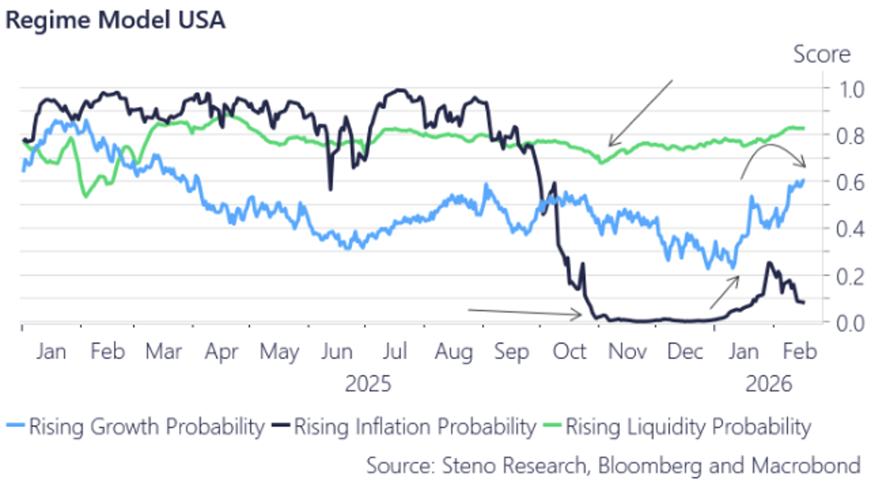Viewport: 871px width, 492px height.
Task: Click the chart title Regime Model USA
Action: point(115,20)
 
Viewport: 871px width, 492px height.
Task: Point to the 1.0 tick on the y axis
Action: point(850,90)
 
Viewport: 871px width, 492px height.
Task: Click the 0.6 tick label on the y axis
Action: point(850,183)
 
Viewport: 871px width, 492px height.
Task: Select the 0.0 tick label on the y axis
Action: point(850,323)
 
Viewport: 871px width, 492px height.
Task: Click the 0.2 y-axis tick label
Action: point(850,277)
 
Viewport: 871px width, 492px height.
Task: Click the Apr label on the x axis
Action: point(221,352)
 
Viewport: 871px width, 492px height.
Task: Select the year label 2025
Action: point(368,384)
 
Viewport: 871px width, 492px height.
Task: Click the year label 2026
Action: point(768,384)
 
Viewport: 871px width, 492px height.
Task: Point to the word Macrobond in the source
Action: point(806,466)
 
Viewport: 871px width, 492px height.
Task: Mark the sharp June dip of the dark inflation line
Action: point(330,189)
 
